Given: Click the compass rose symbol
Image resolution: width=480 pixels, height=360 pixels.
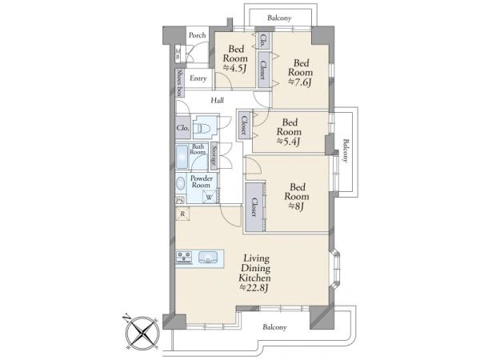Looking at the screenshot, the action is [142, 332].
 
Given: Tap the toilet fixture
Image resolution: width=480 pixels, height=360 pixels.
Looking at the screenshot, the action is [203, 127].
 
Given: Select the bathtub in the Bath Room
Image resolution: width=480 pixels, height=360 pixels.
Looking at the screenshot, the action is [182, 157].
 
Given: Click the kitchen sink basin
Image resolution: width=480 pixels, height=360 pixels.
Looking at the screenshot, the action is [208, 257].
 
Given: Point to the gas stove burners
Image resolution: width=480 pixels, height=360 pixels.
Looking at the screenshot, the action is [184, 257].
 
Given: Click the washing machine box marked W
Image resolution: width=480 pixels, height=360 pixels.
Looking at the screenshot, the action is [210, 197].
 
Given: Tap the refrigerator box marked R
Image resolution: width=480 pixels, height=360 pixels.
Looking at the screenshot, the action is [182, 214].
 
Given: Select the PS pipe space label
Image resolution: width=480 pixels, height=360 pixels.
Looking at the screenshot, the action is [180, 201].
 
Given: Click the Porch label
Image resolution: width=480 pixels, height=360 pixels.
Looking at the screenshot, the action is [197, 35].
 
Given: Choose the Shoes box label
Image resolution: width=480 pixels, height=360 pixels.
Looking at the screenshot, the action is [180, 82].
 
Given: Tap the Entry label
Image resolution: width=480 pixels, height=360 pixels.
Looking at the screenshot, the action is [198, 78].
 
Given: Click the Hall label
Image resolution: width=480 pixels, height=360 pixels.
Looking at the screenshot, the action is [218, 100].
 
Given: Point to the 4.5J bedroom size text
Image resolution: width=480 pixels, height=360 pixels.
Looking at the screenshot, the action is [234, 69].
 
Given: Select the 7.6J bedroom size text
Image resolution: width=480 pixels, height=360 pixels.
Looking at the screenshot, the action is [300, 82].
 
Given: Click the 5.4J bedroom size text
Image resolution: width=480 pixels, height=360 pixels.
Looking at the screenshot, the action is [288, 142].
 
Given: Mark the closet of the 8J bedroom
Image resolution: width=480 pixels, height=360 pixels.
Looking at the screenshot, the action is [254, 207].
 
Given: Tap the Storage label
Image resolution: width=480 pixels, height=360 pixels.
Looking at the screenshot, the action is [214, 156].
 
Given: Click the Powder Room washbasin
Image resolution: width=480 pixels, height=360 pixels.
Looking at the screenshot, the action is [180, 184].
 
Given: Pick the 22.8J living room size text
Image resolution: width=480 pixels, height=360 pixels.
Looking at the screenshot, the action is [254, 288].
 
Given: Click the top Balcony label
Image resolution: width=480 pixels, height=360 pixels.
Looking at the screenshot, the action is [279, 18].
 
